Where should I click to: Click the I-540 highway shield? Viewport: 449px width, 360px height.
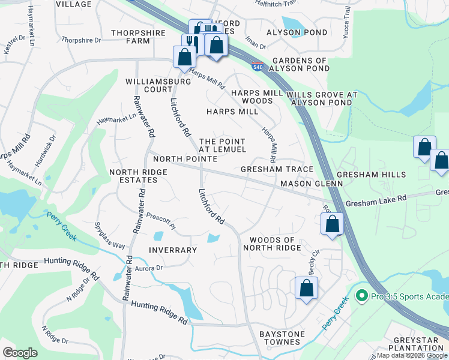(256, 67)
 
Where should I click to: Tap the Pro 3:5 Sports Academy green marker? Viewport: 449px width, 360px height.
(361, 296)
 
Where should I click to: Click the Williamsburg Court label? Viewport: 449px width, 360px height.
(149, 85)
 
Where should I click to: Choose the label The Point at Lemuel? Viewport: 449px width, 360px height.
(222, 145)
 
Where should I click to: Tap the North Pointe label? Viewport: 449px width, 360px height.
(185, 159)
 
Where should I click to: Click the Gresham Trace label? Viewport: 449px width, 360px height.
(277, 170)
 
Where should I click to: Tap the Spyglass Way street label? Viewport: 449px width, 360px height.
(109, 237)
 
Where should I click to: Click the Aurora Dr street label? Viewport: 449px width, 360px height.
(149, 268)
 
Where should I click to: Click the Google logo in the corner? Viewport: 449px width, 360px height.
(20, 352)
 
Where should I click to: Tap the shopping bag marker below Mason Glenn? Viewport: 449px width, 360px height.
(332, 225)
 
